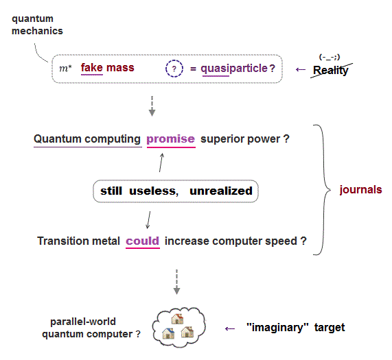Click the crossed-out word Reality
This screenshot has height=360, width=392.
coord(330,70)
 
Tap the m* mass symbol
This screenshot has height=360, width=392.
coord(65,68)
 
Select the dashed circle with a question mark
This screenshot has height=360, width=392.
coord(174,69)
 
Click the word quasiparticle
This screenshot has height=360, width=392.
coord(234,69)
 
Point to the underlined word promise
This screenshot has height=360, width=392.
coord(170,139)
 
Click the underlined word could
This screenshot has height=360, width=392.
coord(142,241)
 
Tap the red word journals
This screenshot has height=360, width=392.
coord(360,190)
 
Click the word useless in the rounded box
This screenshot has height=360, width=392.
coord(153,191)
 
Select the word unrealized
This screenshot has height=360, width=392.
coord(221,191)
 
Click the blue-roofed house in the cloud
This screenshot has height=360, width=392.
coord(168,333)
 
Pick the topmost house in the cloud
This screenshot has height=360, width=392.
coord(177,319)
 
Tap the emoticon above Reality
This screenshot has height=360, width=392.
coord(330,57)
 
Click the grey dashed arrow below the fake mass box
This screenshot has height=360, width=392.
coord(152,106)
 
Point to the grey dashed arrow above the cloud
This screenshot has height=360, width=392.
coord(176,282)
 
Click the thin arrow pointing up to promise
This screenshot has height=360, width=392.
coord(161,163)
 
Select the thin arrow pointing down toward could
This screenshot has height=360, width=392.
coord(148,220)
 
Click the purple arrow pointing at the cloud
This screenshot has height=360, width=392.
coord(230,328)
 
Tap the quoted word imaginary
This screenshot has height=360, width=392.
coord(277,327)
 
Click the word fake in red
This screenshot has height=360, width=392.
coord(92,67)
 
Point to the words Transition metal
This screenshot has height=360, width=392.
coord(78,241)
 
